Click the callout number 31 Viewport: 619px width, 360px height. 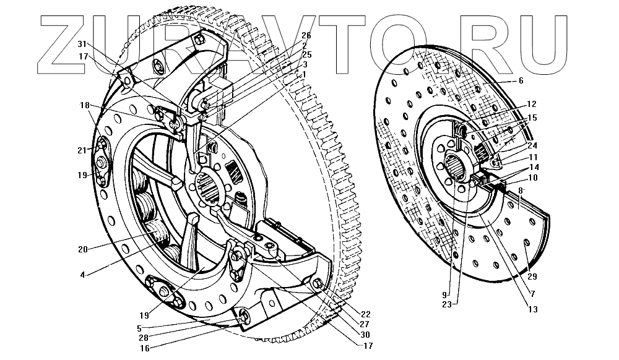84,44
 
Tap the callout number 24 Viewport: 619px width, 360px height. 533,146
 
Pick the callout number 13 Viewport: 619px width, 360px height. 533,309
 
